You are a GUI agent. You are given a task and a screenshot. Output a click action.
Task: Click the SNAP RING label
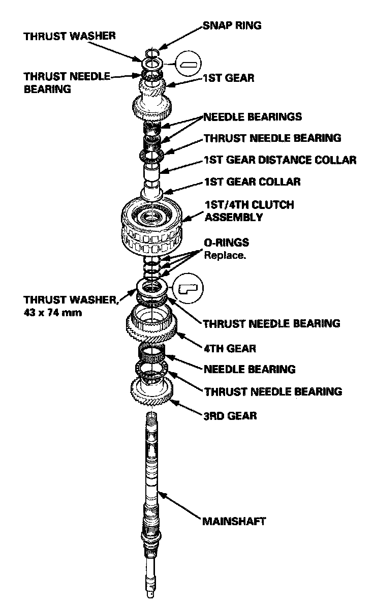coord(232,25)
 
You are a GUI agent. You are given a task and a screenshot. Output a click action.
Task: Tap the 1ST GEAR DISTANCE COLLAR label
coord(279,160)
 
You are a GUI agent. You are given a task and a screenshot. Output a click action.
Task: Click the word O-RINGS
coord(226,244)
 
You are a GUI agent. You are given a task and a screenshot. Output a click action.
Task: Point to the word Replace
coord(225,255)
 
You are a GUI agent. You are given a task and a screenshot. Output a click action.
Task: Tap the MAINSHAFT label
coord(234,522)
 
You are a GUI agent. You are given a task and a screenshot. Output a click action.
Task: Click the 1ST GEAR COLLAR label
coord(252,181)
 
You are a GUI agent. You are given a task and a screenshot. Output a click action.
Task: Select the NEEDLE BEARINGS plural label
coord(253,117)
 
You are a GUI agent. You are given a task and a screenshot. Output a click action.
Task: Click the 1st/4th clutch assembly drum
coord(151,224)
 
